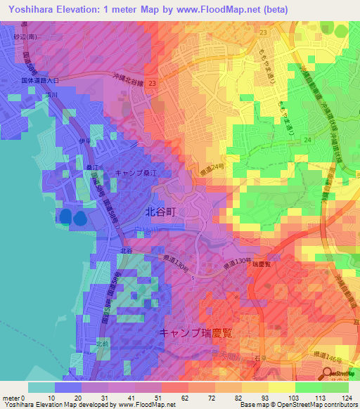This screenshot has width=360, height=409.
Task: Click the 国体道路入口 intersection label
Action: [x=41, y=81]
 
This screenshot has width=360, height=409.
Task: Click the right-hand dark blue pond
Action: [x=79, y=217]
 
